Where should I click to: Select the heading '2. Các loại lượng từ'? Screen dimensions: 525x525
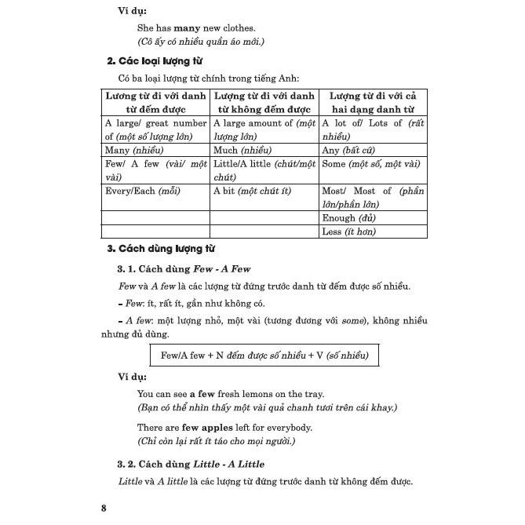tap(156, 60)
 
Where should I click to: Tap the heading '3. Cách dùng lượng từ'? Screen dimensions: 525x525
tap(160, 250)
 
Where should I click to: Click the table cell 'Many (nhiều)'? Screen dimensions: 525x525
tap(129, 149)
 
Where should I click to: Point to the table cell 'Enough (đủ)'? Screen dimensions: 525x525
tap(349, 217)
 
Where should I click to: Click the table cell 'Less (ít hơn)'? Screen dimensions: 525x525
tap(349, 232)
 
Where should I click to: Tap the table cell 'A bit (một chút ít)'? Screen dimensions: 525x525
tap(252, 191)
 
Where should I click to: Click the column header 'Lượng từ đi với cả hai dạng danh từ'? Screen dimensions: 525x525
tap(373, 102)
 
